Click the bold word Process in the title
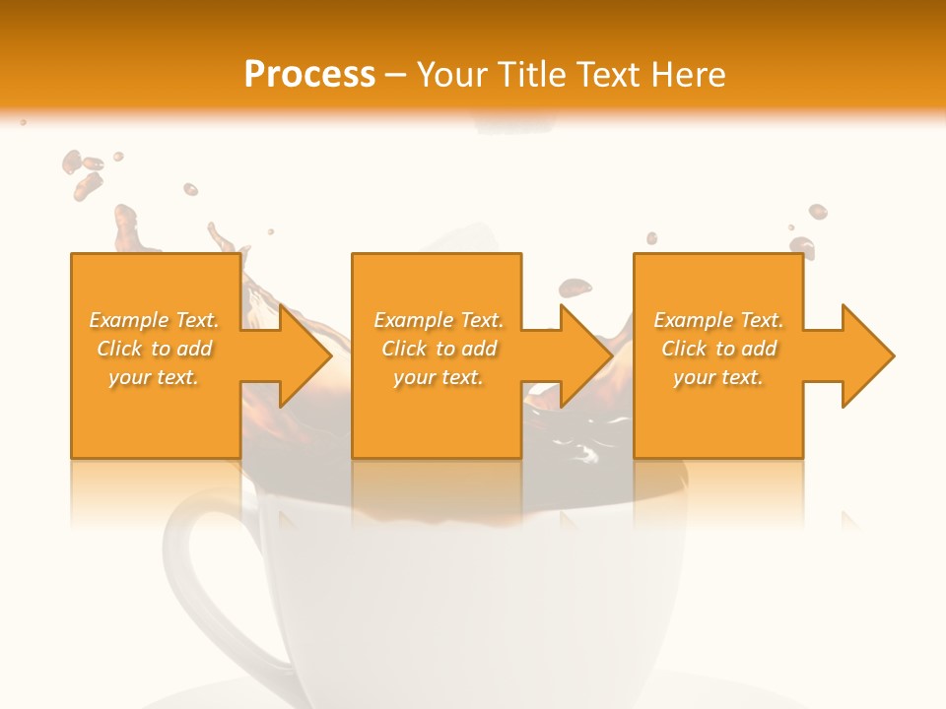tap(309, 74)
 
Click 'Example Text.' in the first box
tap(155, 320)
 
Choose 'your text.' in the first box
tap(155, 377)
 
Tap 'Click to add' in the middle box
tap(439, 349)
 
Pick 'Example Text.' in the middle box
tap(439, 320)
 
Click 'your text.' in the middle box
tap(439, 377)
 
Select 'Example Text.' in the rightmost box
tap(718, 320)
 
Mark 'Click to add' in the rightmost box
tap(718, 349)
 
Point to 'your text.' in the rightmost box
tap(718, 377)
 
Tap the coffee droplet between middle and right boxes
tap(575, 288)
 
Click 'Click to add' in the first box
tap(155, 349)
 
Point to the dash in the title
tap(395, 75)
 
